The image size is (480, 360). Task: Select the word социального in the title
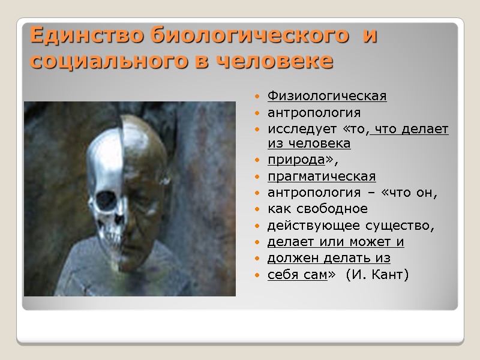(107, 61)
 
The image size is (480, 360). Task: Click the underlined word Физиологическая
(327, 96)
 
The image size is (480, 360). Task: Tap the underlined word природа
(295, 161)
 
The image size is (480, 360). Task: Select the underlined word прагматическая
(322, 176)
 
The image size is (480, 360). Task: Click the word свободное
(343, 209)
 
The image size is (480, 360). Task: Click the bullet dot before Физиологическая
(257, 97)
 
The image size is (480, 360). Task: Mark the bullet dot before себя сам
(257, 275)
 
